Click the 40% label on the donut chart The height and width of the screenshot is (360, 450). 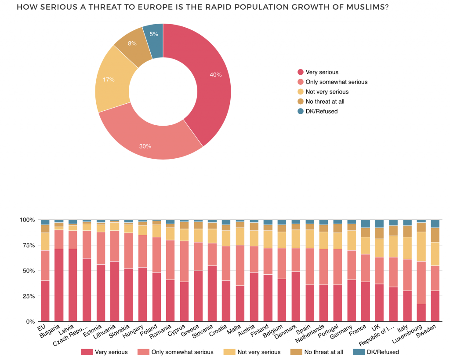pyautogui.click(x=215, y=75)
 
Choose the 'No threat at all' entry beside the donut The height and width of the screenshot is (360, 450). pyautogui.click(x=324, y=102)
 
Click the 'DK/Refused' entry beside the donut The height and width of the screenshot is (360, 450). pyautogui.click(x=321, y=111)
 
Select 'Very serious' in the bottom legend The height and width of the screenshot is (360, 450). pyautogui.click(x=111, y=352)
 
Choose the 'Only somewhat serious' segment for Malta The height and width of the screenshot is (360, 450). pyautogui.click(x=240, y=265)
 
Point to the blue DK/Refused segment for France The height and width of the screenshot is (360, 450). pyautogui.click(x=365, y=224)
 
